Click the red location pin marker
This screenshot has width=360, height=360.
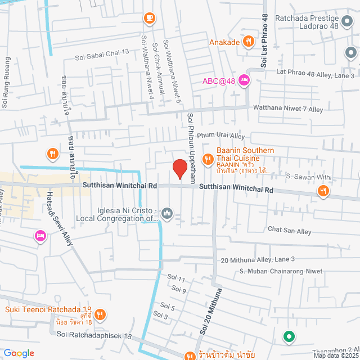tap(179, 169)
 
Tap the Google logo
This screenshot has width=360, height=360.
tap(19, 353)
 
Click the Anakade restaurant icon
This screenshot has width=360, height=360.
tap(249, 42)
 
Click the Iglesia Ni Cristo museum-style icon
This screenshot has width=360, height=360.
tap(167, 213)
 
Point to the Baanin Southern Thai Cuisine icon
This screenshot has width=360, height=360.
tap(208, 160)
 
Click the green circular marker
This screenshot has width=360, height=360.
tap(289, 337)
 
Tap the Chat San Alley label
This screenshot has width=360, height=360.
tap(290, 231)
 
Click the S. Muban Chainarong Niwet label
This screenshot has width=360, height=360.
tap(281, 272)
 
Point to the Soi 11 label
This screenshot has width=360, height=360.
tap(176, 278)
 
